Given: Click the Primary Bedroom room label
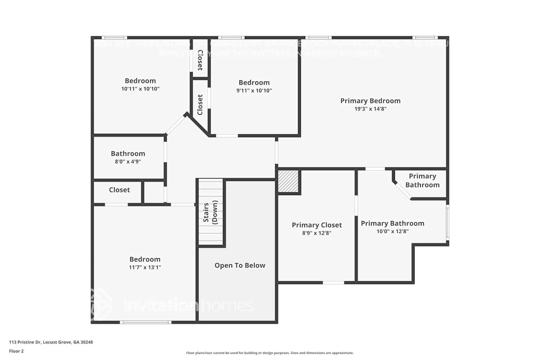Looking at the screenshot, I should [370, 101].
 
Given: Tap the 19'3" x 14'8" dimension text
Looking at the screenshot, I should [370, 109].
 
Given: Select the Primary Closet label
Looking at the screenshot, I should [316, 225].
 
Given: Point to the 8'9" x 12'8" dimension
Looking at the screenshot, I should [316, 233].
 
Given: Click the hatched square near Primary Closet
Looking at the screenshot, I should [288, 181].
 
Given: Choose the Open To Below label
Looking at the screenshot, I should [240, 265].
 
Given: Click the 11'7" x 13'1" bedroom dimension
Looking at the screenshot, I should [145, 267].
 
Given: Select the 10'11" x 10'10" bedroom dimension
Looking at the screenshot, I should [140, 89].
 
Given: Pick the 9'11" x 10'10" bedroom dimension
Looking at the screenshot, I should [254, 91].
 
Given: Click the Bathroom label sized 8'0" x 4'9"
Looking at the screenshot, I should [128, 154].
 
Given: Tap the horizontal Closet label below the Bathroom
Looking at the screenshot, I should [119, 190].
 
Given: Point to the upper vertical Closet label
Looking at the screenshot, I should [200, 60].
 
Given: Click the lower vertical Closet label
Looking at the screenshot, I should [200, 105].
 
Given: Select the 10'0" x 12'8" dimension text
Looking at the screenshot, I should [392, 231].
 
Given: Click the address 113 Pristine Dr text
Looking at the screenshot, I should [51, 342].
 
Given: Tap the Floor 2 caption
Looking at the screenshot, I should [16, 351].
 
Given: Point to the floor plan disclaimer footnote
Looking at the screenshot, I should [270, 353].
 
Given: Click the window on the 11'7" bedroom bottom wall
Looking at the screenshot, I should [145, 322].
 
